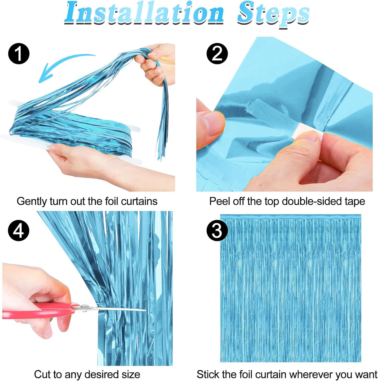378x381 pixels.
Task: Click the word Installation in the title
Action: coord(144,13)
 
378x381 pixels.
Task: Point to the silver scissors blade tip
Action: coord(144,310)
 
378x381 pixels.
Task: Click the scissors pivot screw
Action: coord(84,306)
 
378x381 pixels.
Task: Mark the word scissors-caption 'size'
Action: coord(131,374)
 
